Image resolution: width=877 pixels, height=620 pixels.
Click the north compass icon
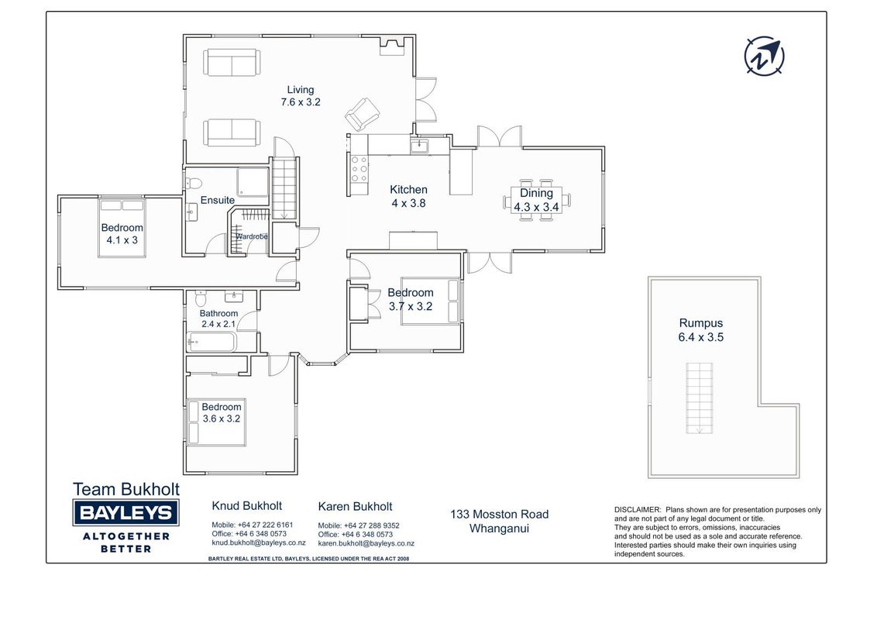tap(764, 56)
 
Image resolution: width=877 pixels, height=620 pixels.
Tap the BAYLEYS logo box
tap(126, 512)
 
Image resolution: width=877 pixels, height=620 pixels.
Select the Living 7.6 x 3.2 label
tap(301, 95)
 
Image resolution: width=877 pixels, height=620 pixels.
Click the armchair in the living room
tap(361, 114)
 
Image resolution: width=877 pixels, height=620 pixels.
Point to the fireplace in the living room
tap(392, 46)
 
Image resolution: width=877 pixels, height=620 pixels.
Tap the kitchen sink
tap(419, 146)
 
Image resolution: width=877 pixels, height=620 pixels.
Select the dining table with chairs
tap(537, 200)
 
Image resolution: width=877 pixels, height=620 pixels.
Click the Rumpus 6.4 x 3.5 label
tap(701, 330)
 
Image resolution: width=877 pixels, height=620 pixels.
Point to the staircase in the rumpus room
tap(699, 398)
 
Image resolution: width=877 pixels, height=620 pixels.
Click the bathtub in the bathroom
tap(212, 341)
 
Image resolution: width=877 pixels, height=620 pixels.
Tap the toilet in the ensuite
tap(194, 183)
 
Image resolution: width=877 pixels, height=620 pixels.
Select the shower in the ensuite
tap(253, 182)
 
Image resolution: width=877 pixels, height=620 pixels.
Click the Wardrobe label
tap(252, 236)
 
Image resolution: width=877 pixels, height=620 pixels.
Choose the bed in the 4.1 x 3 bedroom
tap(122, 228)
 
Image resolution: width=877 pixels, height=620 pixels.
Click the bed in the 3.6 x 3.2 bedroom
tap(216, 422)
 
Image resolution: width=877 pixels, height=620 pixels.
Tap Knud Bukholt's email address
tap(259, 542)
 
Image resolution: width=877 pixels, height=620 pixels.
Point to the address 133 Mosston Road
tap(500, 515)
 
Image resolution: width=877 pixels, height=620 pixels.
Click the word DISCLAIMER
tap(638, 510)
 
